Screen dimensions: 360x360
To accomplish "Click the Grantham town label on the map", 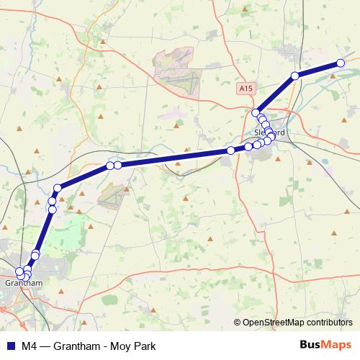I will tap(24, 283).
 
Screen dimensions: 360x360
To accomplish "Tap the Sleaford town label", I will tap(270, 133).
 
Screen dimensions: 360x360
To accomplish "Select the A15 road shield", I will tap(246, 88).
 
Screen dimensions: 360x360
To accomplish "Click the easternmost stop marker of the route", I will tap(341, 63).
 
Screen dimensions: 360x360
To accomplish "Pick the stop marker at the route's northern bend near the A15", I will tap(256, 113).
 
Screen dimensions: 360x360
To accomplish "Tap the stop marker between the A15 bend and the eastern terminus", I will tap(294, 76).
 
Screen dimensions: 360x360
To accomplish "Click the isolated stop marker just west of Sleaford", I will tap(230, 150).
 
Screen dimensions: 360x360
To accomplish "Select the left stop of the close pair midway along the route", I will tap(110, 166).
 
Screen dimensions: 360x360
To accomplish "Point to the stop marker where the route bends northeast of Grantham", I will tap(58, 188).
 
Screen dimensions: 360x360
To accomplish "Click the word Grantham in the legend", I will tap(78, 346).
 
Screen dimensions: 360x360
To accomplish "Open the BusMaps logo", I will tap(325, 345).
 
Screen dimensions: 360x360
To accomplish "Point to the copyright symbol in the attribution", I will tap(237, 323).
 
